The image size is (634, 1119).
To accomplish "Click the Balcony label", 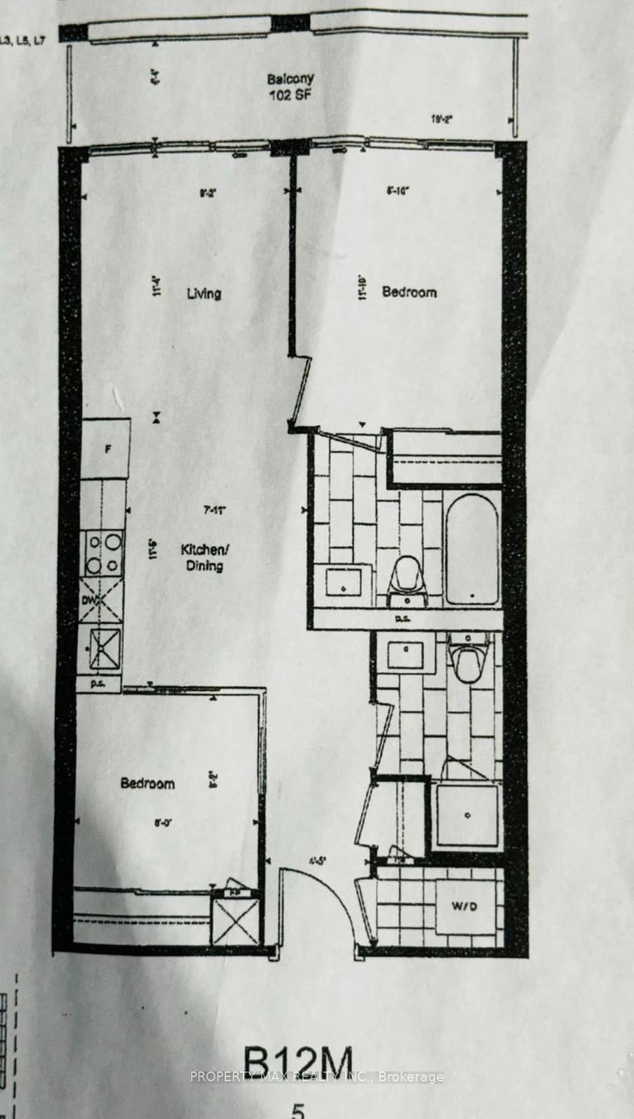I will (x=290, y=79).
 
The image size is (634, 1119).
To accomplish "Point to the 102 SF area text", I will (x=290, y=95).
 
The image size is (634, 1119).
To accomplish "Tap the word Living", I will (x=204, y=293).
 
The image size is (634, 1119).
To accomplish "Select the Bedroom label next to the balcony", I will (x=409, y=292).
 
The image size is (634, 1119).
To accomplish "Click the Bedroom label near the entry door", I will (x=148, y=783).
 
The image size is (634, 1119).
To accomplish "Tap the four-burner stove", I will (x=103, y=553).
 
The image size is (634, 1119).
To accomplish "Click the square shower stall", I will (x=466, y=816).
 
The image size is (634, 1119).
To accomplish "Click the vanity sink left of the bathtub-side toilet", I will (x=344, y=583).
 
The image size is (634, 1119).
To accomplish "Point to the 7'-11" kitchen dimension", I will (x=214, y=511).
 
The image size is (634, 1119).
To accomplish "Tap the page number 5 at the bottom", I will (x=298, y=1111).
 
